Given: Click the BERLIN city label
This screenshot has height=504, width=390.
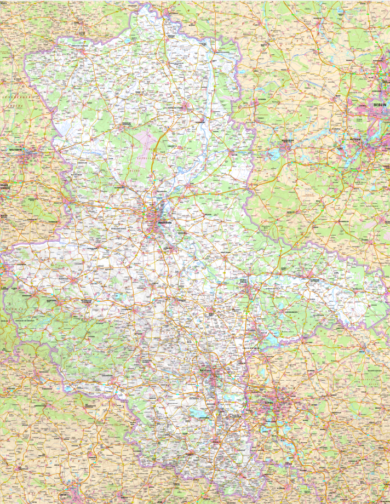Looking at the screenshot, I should tap(380, 104).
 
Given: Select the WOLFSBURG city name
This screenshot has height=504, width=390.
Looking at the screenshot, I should tap(15, 149).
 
